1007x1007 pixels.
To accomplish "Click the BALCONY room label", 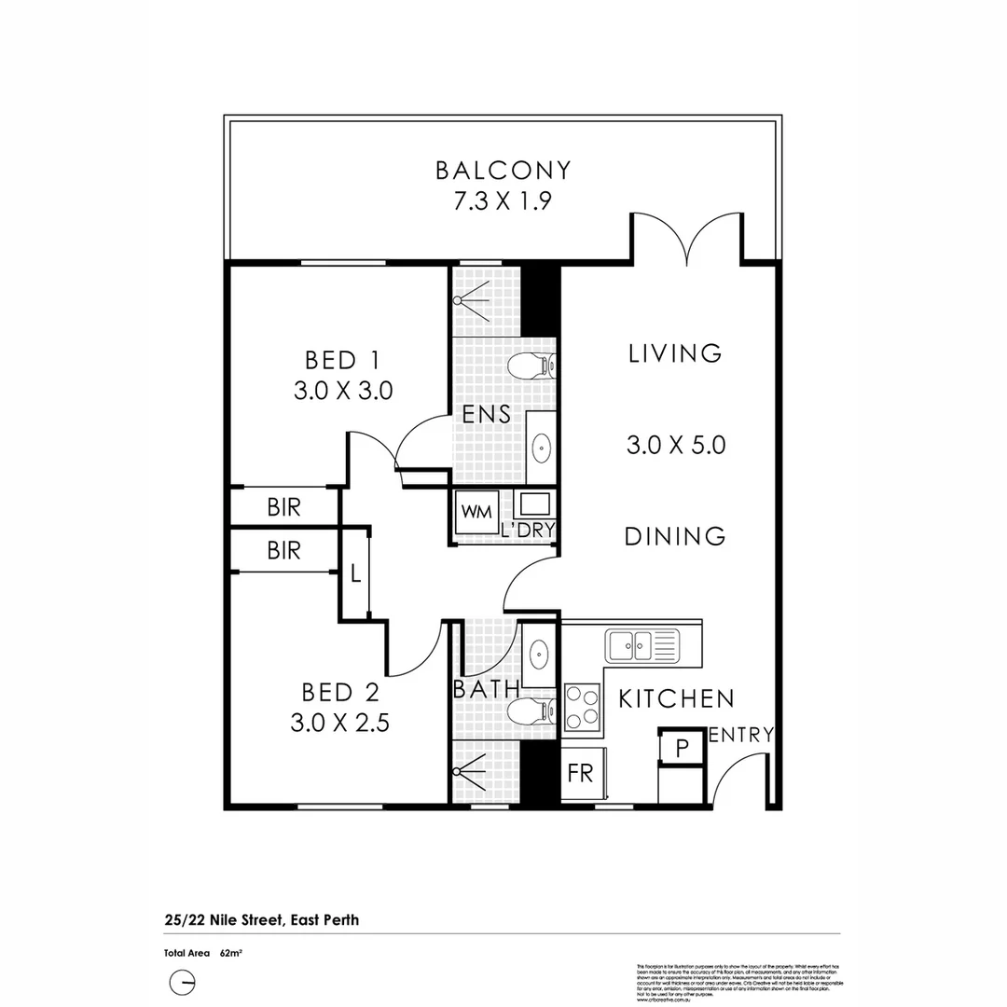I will point(503,171).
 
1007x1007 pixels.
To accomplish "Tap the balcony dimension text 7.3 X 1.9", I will point(503,201).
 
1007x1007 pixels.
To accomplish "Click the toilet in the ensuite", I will point(532,367).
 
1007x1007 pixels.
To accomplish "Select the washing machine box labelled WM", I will point(476,512).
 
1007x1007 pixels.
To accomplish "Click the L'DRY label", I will point(528,531).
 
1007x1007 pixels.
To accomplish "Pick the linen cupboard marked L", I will point(355,573).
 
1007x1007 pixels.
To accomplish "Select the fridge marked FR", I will point(581,775).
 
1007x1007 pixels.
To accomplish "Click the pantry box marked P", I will point(682,747).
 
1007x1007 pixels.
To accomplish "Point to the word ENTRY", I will point(740,735).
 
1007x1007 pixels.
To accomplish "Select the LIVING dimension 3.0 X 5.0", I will point(675,445).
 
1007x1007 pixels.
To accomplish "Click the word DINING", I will point(674,536).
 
